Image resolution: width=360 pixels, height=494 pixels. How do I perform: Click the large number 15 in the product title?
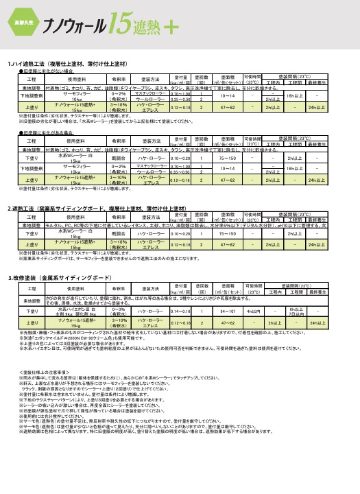(107, 26)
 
